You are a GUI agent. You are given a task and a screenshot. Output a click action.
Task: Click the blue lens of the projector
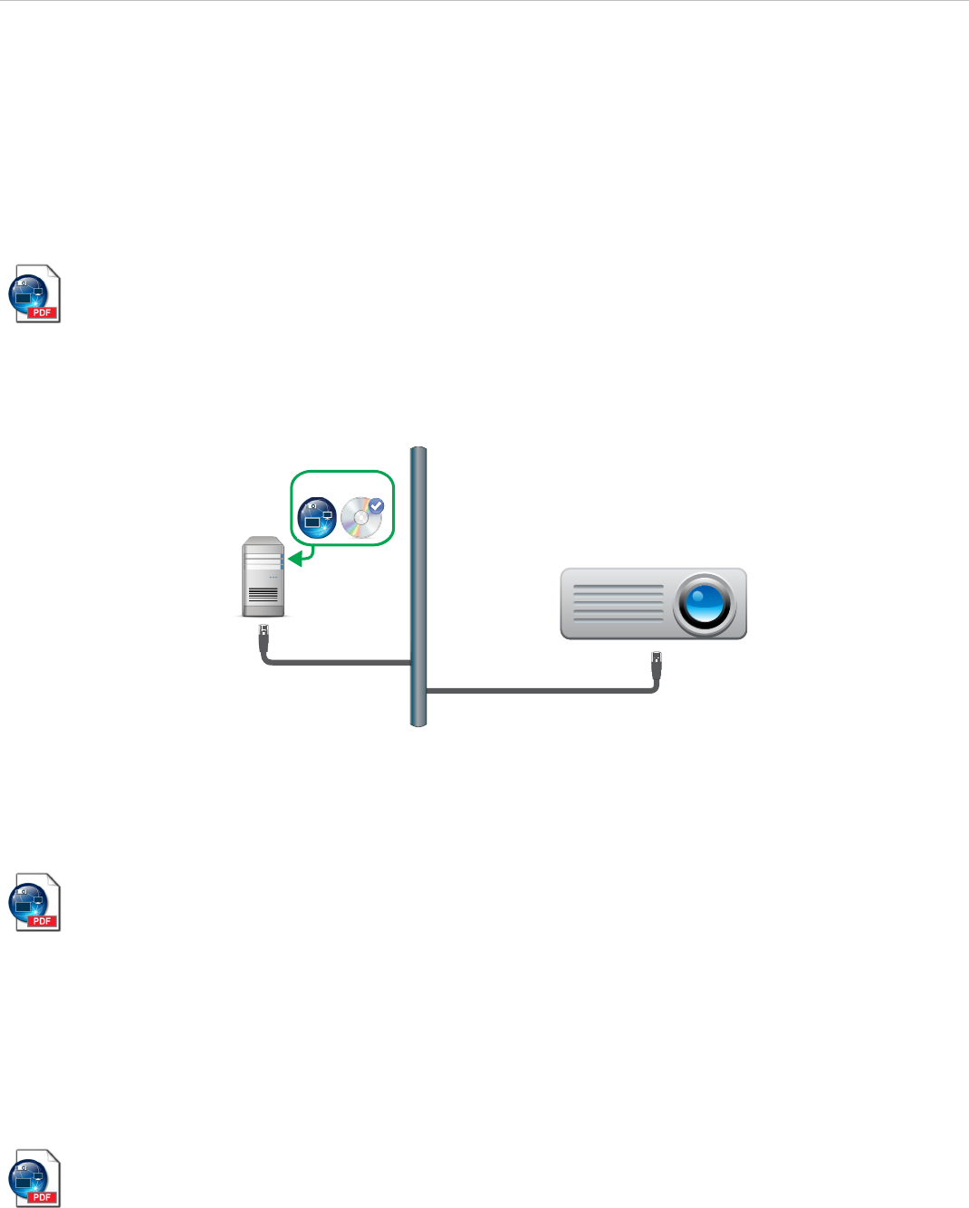click(705, 605)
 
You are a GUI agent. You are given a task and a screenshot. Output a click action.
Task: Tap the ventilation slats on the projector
click(619, 603)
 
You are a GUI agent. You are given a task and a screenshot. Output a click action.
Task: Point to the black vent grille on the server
click(264, 595)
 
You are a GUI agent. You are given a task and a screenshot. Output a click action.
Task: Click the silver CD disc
click(361, 519)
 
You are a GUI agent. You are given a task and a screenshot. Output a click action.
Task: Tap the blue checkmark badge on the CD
click(376, 506)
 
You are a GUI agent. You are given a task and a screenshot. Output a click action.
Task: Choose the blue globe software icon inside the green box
click(317, 518)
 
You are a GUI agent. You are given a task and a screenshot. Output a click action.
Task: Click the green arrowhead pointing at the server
click(295, 559)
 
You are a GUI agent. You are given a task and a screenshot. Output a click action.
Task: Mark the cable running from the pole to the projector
click(543, 691)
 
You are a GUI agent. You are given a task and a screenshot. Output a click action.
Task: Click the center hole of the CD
click(360, 520)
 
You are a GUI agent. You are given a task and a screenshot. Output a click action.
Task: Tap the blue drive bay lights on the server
click(282, 561)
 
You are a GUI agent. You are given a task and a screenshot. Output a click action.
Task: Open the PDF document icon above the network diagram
click(34, 293)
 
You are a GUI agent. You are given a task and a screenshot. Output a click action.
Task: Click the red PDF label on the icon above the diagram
click(42, 312)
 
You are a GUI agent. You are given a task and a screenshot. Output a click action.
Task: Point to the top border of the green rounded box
click(342, 471)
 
